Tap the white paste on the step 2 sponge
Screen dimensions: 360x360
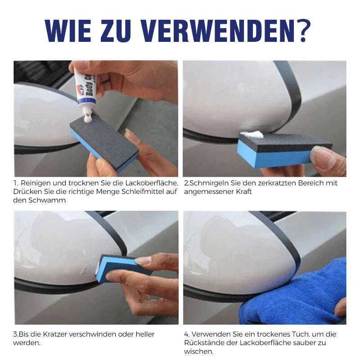tap(252, 134)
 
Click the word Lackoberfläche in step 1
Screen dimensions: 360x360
tap(152, 183)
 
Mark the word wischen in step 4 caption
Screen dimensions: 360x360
tap(198, 351)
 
